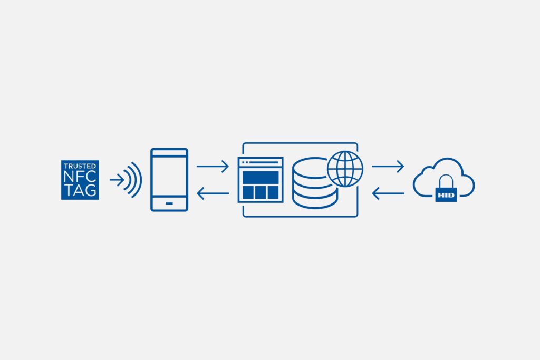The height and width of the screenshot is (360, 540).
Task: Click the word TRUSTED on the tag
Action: pos(80,166)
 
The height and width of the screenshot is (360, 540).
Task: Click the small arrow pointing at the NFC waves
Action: pos(117,180)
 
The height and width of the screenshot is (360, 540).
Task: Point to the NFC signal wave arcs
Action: pos(132,180)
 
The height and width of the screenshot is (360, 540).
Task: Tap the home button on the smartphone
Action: pos(169,203)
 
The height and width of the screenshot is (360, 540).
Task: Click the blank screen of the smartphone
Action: pos(169,176)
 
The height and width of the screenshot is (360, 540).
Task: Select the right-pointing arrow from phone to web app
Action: pos(213,166)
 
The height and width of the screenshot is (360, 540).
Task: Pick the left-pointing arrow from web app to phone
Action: pos(213,193)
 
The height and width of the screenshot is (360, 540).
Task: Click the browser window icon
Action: pos(261,180)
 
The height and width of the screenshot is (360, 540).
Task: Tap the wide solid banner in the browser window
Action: pos(261,178)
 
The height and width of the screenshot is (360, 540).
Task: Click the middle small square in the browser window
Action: pos(261,192)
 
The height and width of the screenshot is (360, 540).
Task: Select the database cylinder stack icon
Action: pos(314,183)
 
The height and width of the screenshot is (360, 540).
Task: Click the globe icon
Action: pos(345,169)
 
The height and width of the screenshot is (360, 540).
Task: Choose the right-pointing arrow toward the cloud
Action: pos(388,166)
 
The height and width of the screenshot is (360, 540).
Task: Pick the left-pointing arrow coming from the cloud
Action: pos(388,193)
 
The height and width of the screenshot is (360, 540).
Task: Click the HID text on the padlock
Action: pos(446,195)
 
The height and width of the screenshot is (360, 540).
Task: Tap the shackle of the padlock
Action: pos(446,181)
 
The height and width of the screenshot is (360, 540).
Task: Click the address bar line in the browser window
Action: pos(264,162)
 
